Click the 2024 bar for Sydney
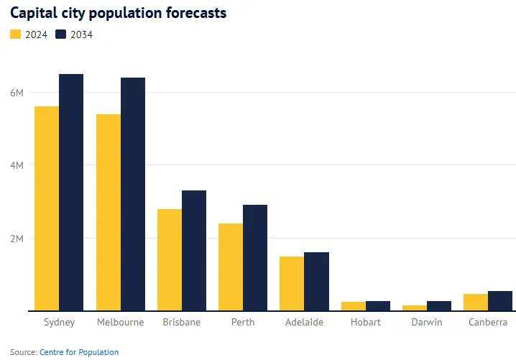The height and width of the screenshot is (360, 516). click(x=47, y=208)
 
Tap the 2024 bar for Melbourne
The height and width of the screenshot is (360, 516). click(x=109, y=212)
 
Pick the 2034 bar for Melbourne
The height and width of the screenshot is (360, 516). click(x=133, y=194)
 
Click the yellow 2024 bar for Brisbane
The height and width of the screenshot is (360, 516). click(x=170, y=259)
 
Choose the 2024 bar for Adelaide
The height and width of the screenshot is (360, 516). click(x=292, y=283)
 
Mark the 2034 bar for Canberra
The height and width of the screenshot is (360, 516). click(x=499, y=301)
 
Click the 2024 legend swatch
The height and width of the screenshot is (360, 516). click(x=16, y=34)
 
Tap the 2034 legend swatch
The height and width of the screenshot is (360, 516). click(x=61, y=34)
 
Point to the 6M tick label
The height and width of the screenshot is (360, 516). click(x=17, y=93)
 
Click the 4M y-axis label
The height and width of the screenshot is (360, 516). click(x=17, y=165)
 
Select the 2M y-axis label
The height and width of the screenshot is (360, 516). click(x=17, y=239)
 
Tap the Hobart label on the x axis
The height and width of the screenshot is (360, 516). click(x=365, y=322)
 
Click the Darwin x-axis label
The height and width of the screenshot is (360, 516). click(x=426, y=322)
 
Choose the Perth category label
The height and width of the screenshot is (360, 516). click(x=243, y=322)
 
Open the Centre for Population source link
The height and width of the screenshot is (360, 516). click(x=79, y=352)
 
